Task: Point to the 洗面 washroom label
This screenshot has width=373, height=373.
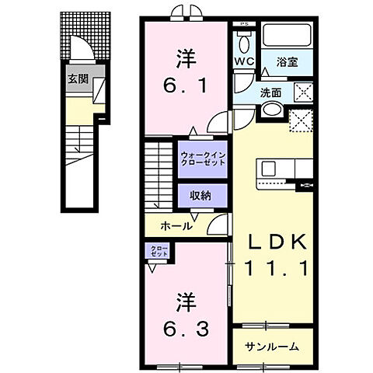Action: [270, 92]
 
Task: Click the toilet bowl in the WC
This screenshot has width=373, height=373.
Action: [245, 39]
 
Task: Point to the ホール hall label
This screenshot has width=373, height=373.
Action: [177, 226]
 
